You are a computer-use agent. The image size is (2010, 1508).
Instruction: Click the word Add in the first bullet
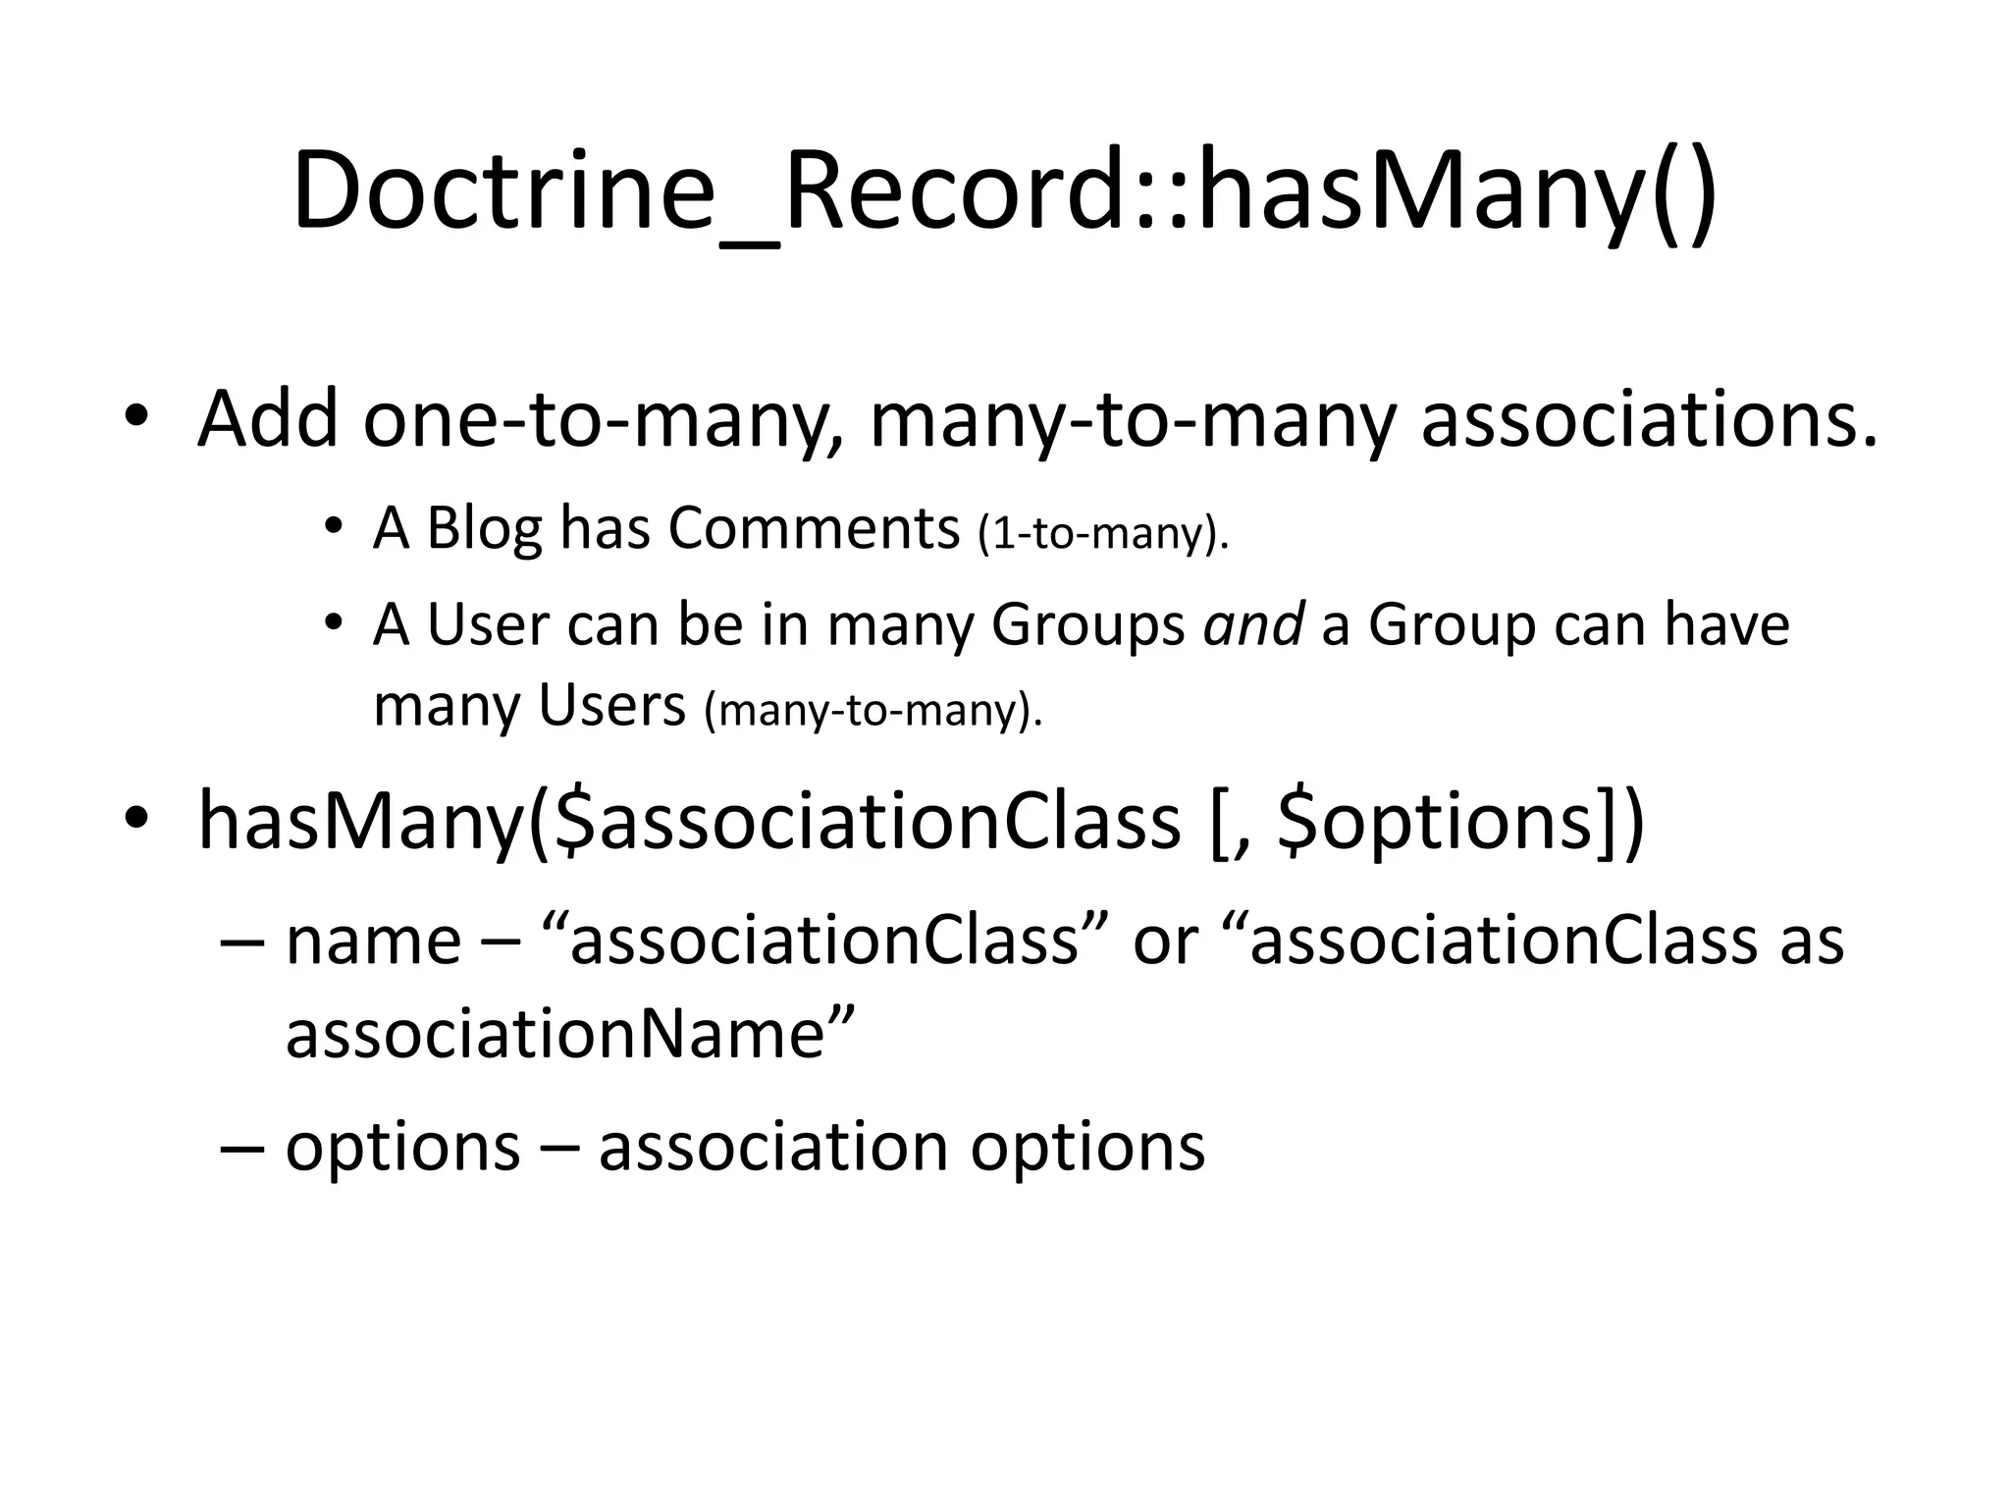[x=267, y=420]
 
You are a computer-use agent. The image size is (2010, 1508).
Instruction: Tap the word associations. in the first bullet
[x=1649, y=420]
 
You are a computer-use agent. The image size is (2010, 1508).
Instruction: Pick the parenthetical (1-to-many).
[x=1103, y=533]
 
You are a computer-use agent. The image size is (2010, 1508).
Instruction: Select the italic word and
[x=1253, y=624]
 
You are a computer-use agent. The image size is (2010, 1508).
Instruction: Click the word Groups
[x=1087, y=626]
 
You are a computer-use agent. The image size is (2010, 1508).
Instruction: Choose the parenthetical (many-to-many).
[x=873, y=710]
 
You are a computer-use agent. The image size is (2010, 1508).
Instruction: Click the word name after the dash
[x=373, y=941]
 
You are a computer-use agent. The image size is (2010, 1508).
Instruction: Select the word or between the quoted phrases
[x=1165, y=941]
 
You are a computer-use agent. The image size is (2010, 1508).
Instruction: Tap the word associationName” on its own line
[x=570, y=1034]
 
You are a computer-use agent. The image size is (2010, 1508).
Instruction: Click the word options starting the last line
[x=402, y=1147]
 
